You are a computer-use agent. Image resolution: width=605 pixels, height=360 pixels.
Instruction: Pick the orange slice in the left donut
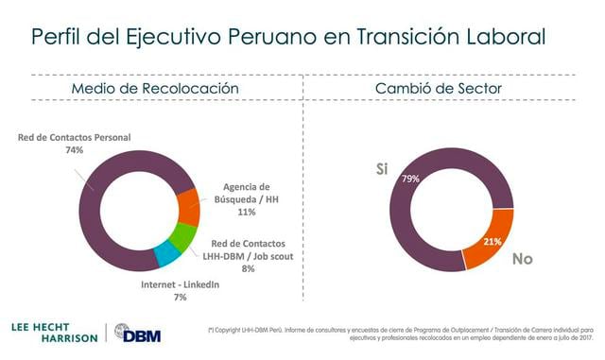[187, 207]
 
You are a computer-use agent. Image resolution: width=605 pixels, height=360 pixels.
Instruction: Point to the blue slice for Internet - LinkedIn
[167, 254]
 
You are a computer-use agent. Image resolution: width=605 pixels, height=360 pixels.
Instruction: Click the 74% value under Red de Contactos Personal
[75, 149]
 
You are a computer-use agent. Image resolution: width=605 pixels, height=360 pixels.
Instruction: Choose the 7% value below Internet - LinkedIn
[180, 297]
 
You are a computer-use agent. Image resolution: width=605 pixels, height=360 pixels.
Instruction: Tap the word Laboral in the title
[504, 37]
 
